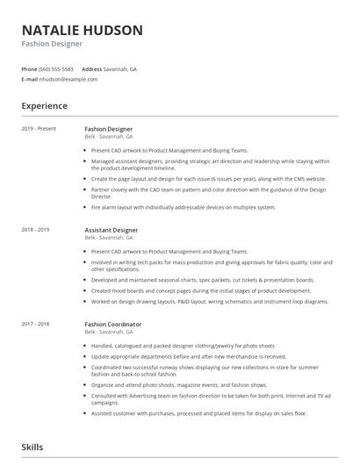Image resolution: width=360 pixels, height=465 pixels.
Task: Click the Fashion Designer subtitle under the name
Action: (x=52, y=44)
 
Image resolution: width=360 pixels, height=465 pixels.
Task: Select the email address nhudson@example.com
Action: (x=69, y=79)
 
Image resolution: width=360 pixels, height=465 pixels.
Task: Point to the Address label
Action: (x=91, y=68)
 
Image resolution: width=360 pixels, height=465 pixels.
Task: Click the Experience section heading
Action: (x=45, y=106)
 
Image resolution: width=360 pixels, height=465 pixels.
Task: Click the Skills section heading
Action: (x=32, y=447)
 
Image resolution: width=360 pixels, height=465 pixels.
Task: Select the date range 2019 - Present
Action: (x=40, y=129)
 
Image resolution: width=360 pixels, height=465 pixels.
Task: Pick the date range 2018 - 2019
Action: (x=36, y=230)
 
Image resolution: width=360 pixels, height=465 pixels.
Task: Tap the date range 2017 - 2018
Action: (x=36, y=324)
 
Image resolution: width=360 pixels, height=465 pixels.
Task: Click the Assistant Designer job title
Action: (x=112, y=230)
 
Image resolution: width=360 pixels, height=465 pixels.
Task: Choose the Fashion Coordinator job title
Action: (x=113, y=324)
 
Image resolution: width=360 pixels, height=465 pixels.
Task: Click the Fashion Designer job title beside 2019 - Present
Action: (x=109, y=129)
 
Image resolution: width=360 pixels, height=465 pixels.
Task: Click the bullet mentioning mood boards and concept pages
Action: (x=200, y=290)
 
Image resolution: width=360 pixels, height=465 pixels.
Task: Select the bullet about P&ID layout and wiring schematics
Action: (x=209, y=301)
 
